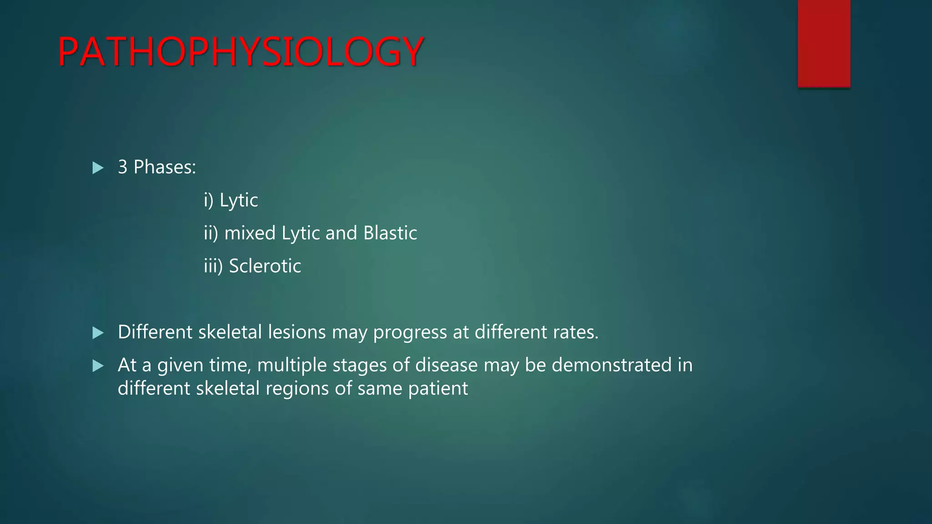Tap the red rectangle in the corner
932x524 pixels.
(824, 43)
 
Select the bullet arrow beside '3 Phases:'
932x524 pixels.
(98, 168)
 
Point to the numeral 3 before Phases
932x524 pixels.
(122, 167)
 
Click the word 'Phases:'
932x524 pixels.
(164, 167)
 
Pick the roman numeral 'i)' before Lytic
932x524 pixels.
(208, 200)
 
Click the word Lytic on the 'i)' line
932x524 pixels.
(238, 201)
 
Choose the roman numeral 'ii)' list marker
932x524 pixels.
(211, 233)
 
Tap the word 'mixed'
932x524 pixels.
(250, 233)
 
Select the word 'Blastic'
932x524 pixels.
(390, 233)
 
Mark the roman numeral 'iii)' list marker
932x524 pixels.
(213, 266)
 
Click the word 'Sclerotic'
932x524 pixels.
(265, 266)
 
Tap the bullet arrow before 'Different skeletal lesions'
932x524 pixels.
(98, 333)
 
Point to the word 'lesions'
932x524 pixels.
(297, 332)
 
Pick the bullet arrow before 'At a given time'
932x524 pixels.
(98, 366)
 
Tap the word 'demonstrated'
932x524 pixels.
(612, 365)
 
